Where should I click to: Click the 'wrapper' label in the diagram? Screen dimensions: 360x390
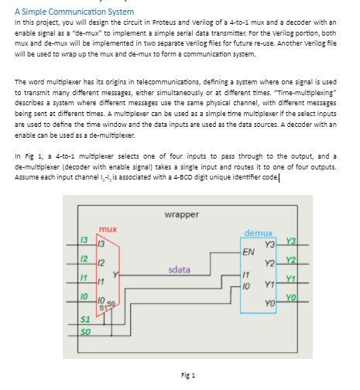(x=182, y=214)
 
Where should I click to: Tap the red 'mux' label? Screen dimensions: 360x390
(x=108, y=229)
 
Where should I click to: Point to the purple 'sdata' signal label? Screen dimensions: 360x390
(x=179, y=269)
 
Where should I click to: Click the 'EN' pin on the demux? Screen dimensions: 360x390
(x=248, y=252)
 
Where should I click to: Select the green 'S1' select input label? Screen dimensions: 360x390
(x=86, y=319)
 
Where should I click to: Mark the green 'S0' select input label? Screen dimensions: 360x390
(x=86, y=332)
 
